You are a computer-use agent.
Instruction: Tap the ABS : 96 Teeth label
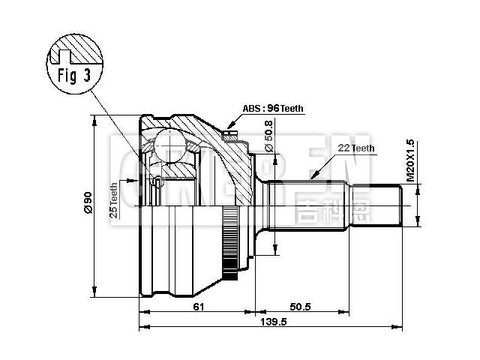click(x=273, y=108)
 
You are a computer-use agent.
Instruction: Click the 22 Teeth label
click(x=356, y=148)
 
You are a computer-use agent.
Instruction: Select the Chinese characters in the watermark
click(x=324, y=202)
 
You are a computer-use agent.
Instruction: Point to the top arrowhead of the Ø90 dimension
click(x=94, y=119)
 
